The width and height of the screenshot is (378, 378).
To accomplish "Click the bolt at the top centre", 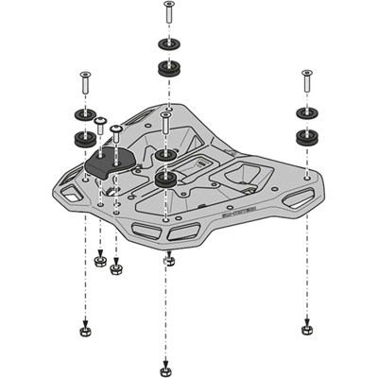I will click(x=168, y=14).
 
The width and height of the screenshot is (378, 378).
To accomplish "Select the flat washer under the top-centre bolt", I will click(x=169, y=44).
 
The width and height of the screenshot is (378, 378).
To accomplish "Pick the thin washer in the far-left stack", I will click(x=83, y=116).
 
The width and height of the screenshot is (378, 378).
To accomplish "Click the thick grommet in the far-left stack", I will click(x=83, y=139).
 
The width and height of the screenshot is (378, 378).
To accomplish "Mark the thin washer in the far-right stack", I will click(x=306, y=112).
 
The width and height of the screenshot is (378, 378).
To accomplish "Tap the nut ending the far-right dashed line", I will click(x=305, y=329).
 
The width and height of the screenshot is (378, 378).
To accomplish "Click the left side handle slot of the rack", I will click(x=71, y=195).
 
